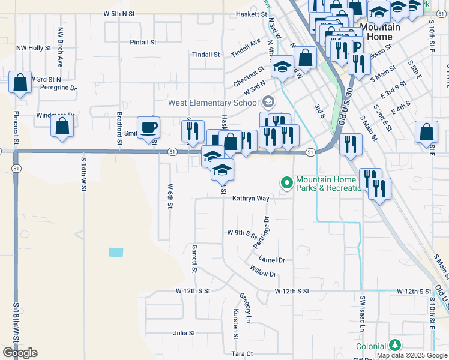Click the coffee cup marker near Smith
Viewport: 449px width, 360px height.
(x=149, y=127)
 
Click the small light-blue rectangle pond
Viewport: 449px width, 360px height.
(x=116, y=253)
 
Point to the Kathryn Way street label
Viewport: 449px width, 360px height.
(x=251, y=198)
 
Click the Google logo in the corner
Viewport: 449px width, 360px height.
(x=20, y=352)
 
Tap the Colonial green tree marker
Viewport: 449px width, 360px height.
(x=394, y=345)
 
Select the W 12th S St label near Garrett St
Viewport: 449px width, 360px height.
(x=193, y=290)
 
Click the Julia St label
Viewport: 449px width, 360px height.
(x=184, y=332)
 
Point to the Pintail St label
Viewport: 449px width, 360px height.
(x=143, y=42)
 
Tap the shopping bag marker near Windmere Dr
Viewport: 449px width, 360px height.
(x=62, y=127)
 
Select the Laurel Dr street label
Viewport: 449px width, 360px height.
(x=271, y=259)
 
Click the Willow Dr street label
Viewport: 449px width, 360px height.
(x=264, y=274)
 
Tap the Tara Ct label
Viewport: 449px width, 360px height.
(x=242, y=354)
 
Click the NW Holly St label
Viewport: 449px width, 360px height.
(x=34, y=47)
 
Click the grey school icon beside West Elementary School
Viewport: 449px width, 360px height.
(x=268, y=101)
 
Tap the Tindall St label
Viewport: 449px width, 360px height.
(x=206, y=54)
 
